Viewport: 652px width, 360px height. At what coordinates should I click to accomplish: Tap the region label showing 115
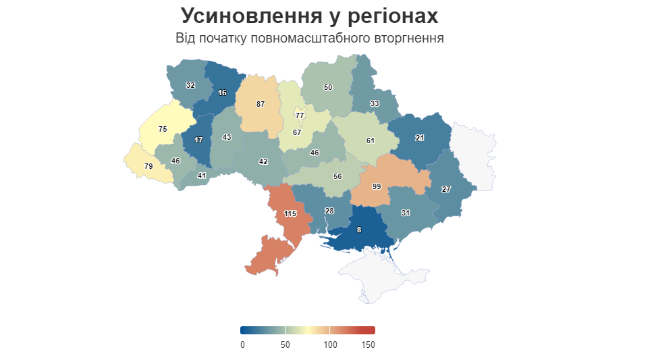(290, 213)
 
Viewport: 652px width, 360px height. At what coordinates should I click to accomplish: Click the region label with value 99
(377, 186)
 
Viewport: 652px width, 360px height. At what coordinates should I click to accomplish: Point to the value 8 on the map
(358, 230)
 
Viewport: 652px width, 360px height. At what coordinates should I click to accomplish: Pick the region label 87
(261, 104)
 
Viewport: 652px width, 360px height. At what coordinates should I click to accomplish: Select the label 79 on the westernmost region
(148, 166)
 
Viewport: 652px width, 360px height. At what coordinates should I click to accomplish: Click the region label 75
(163, 129)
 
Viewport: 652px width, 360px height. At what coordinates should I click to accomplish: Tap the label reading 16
(222, 93)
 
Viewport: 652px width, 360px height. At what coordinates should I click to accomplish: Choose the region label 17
(198, 140)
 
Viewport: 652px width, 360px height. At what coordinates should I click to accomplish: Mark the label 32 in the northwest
(190, 86)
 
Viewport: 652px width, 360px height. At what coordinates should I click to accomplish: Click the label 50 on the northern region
(328, 87)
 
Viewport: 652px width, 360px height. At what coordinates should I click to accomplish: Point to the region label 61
(370, 140)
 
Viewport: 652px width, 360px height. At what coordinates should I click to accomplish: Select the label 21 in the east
(420, 138)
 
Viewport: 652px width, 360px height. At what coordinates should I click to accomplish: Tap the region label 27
(445, 189)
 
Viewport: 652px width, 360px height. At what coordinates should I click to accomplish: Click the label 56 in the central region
(337, 176)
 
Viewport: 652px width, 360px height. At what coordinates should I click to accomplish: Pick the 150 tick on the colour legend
(368, 345)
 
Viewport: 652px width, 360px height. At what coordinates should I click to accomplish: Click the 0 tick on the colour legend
(243, 345)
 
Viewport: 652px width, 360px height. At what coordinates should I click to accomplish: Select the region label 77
(300, 115)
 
